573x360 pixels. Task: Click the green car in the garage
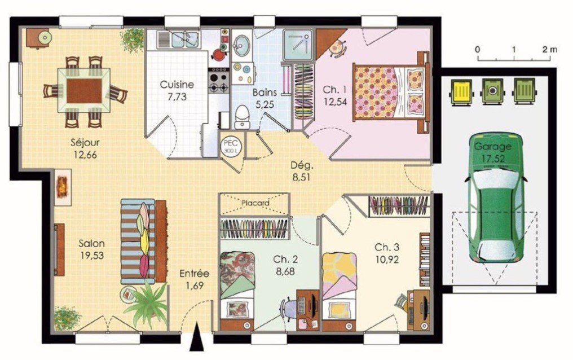point(496,197)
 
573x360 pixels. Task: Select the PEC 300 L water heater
point(231,146)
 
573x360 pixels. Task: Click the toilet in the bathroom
point(241,117)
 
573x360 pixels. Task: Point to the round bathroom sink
point(241,45)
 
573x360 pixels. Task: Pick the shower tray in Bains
point(298,45)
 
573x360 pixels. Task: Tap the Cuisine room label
point(177,85)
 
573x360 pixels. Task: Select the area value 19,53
point(92,256)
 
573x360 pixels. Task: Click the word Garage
point(492,147)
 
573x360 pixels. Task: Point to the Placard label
point(255,203)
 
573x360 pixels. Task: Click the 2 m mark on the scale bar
point(549,49)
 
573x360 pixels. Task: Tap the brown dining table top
point(85,90)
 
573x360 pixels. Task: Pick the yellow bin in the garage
point(461,91)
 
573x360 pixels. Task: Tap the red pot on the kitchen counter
point(219,55)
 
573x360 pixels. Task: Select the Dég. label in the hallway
point(302,165)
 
